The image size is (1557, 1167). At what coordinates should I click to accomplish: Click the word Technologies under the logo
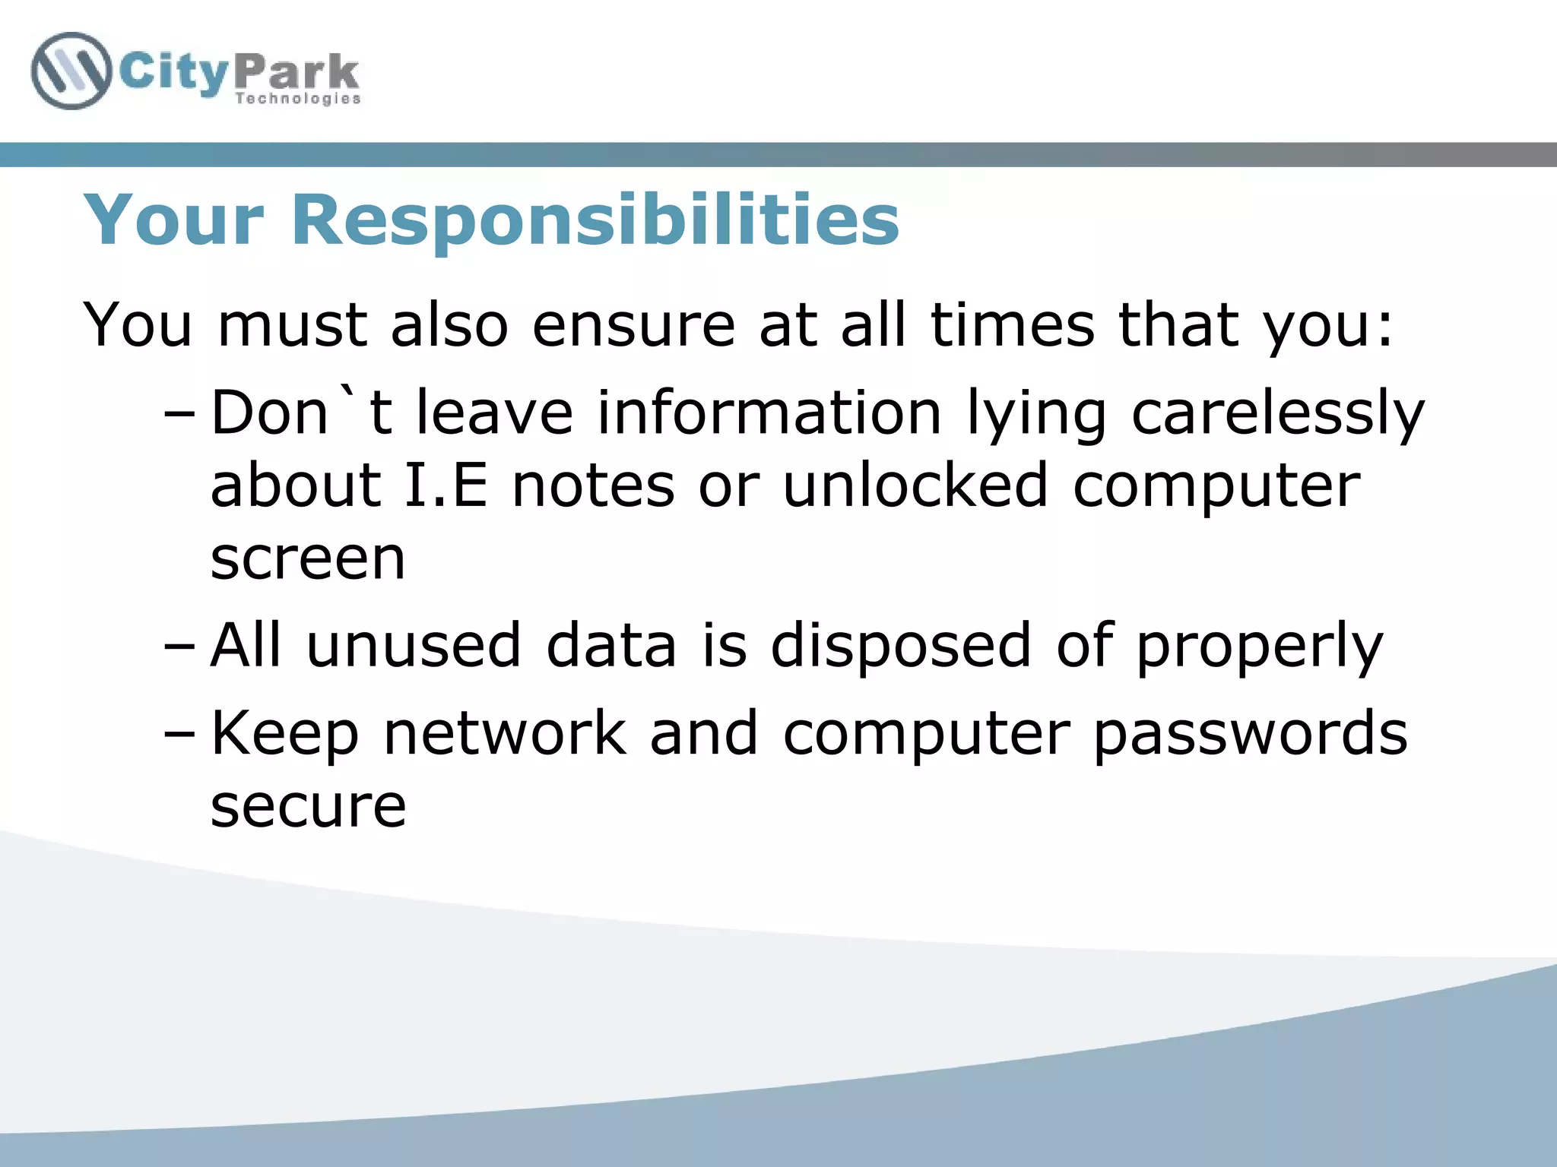click(x=297, y=99)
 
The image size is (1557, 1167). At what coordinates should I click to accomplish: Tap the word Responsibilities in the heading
click(x=595, y=220)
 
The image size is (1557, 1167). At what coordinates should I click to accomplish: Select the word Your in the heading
click(x=174, y=220)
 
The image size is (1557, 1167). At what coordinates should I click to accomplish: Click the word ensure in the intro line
click(x=633, y=325)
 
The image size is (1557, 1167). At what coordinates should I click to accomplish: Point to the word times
click(x=1012, y=325)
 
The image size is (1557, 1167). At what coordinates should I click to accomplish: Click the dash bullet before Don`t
click(x=179, y=416)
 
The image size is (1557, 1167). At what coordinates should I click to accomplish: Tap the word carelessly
click(x=1277, y=415)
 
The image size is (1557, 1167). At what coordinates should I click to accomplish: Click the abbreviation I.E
click(x=446, y=486)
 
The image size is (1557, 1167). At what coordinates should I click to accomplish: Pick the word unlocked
click(x=915, y=486)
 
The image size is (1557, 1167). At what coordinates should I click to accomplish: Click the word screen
click(x=308, y=560)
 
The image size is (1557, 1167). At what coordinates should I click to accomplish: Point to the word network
click(x=505, y=734)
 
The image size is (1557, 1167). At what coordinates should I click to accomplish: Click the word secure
click(x=308, y=807)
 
